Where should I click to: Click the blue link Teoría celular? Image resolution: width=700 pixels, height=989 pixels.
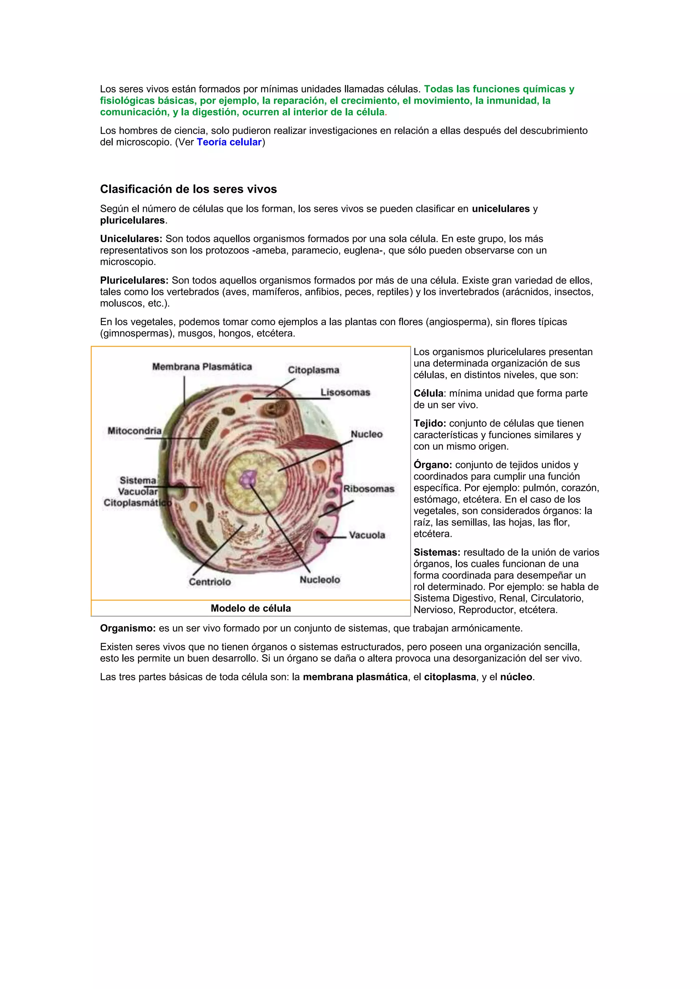click(229, 142)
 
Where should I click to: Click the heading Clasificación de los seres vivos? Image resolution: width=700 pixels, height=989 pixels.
click(188, 189)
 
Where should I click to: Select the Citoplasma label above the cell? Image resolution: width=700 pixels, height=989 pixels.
click(313, 370)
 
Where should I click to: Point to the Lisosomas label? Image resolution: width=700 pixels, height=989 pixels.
click(345, 392)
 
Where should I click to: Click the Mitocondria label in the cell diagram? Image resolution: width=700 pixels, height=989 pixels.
click(134, 431)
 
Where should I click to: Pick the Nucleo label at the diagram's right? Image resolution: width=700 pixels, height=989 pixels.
click(366, 434)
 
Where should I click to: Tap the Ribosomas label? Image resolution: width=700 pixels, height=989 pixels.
click(368, 489)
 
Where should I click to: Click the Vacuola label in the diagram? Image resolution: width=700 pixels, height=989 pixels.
click(367, 535)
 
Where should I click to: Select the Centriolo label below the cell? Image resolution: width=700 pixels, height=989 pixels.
click(210, 582)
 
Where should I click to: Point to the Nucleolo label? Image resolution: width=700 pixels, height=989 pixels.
click(320, 580)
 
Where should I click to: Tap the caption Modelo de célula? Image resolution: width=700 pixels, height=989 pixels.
click(251, 608)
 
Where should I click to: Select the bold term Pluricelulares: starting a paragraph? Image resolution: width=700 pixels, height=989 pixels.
click(134, 280)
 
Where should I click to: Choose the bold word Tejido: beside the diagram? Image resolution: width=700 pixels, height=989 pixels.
click(430, 423)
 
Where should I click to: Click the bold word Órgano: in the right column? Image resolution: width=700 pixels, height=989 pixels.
click(433, 465)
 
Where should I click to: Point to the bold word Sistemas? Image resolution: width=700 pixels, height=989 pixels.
click(437, 553)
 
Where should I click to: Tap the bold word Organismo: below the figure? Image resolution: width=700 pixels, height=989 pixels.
click(127, 628)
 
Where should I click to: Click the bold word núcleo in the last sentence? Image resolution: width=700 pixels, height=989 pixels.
click(516, 677)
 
